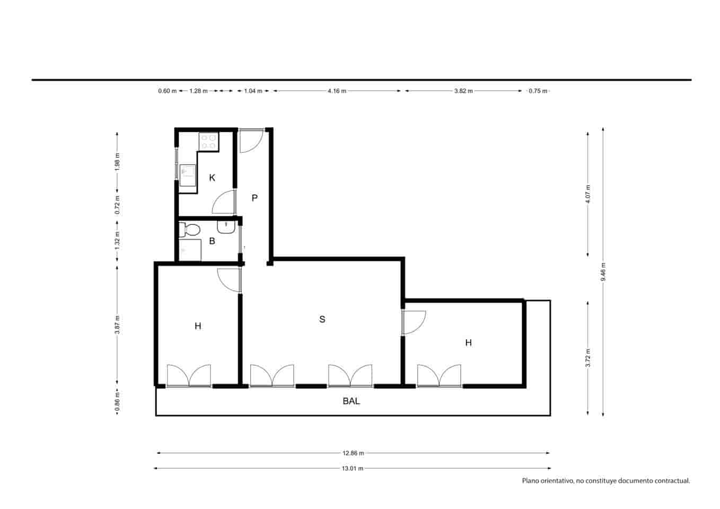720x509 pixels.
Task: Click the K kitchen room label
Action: (x=212, y=178)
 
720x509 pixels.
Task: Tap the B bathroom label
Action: (x=212, y=241)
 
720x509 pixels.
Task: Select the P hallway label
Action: (x=254, y=198)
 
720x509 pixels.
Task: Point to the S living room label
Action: (x=322, y=319)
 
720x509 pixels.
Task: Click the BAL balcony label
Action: (x=351, y=401)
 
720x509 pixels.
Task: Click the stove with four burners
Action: (x=208, y=141)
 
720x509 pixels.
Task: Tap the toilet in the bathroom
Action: (x=189, y=230)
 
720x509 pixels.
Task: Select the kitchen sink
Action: (x=187, y=175)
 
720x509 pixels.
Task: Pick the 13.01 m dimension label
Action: (x=353, y=468)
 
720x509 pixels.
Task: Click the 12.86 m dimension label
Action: (x=353, y=453)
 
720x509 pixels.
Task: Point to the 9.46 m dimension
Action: (x=603, y=272)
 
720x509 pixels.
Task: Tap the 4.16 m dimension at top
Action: (x=337, y=91)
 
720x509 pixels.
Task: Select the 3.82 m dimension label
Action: (x=463, y=91)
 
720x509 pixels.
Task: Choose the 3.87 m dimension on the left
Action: (x=117, y=324)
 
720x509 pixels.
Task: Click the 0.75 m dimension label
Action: (x=538, y=91)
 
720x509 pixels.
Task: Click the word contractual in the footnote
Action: (x=670, y=481)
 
